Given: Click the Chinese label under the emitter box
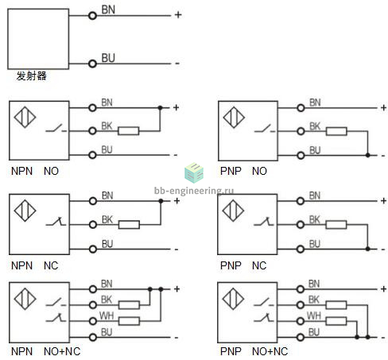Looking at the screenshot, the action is (x=32, y=76).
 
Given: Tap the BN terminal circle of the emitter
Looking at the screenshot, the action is (x=92, y=16).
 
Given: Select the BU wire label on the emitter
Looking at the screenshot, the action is (x=108, y=58).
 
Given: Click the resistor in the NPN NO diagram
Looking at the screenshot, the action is (x=128, y=131).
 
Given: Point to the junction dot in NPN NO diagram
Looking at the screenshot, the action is (x=160, y=108).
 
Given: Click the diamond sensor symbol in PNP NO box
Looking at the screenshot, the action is (x=234, y=117).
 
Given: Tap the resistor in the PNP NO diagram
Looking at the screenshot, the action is (x=336, y=131).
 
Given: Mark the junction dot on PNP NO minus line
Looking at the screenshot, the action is (x=367, y=155).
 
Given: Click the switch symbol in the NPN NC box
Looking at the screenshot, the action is (x=56, y=222).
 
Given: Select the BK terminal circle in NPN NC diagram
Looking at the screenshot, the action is (x=93, y=225).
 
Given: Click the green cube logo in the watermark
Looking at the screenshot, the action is (x=194, y=172).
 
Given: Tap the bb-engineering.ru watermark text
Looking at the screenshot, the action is (x=194, y=191).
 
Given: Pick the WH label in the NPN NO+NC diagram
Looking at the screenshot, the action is (x=107, y=315).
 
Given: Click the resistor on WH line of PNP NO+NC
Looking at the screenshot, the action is (x=336, y=321).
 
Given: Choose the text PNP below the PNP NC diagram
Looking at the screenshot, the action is (x=231, y=265).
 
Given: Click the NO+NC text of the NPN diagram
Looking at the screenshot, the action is (x=62, y=351).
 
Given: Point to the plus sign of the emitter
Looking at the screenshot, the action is (x=178, y=14).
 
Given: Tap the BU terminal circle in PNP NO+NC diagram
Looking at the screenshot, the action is (x=301, y=337).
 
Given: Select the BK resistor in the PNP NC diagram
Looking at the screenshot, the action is (x=336, y=225).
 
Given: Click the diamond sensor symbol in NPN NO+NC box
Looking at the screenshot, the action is (x=25, y=299).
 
